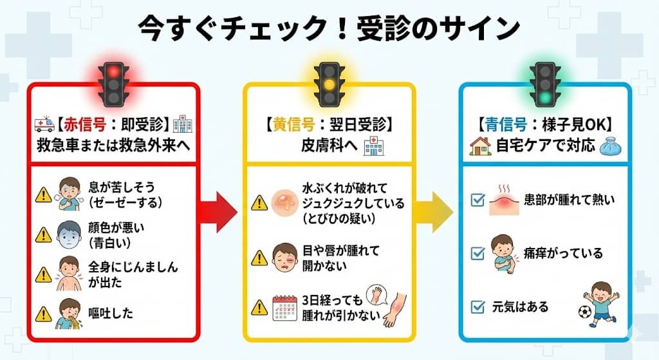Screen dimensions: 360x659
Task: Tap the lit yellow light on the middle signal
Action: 329,84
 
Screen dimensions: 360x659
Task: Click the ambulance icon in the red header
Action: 44,124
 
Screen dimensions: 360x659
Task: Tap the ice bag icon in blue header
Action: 609,147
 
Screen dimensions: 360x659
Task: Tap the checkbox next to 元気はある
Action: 478,307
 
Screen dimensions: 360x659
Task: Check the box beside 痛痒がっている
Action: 478,253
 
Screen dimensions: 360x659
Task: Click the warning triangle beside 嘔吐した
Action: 44,314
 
